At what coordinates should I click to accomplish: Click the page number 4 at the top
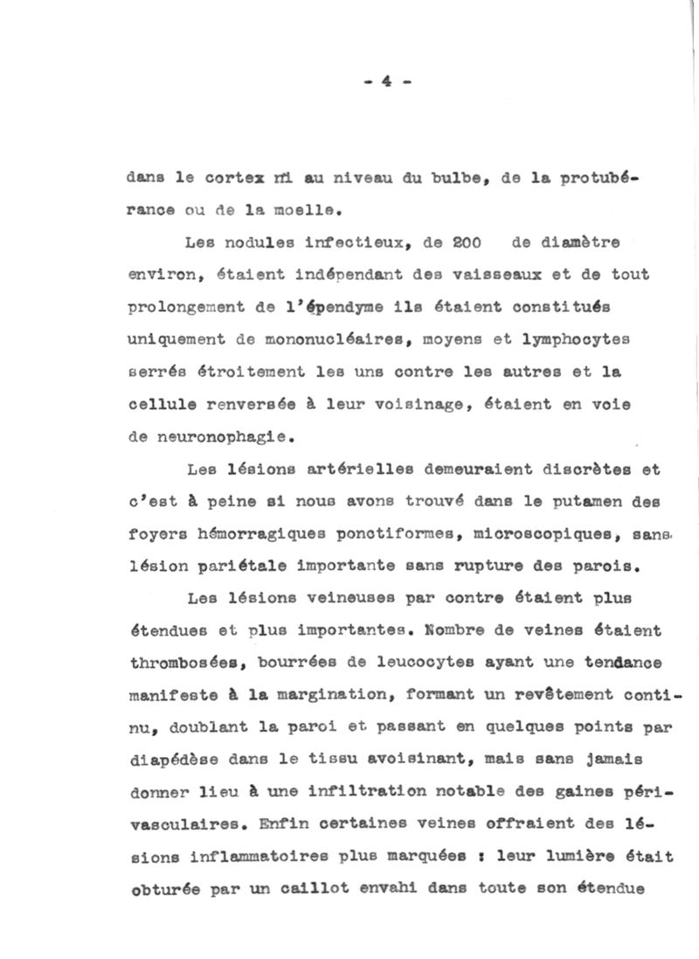(384, 84)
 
